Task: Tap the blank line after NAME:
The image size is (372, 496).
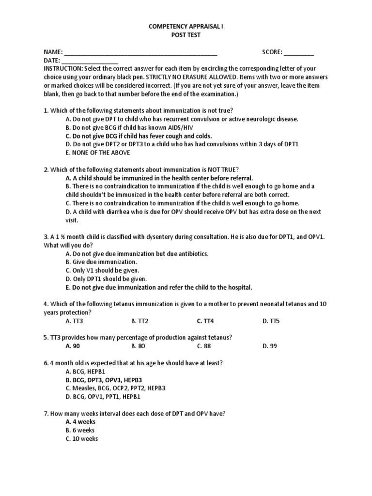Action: click(140, 53)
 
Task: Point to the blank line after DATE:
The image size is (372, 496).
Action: click(90, 62)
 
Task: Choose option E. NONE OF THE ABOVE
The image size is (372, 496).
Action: click(97, 153)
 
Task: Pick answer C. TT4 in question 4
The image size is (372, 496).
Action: click(205, 321)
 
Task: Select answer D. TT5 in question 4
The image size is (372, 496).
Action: click(271, 321)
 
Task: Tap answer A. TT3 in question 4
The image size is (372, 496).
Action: click(74, 321)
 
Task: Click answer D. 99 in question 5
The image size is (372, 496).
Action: click(270, 346)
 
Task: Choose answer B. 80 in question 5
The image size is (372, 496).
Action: click(138, 346)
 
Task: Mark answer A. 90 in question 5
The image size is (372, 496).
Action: click(73, 346)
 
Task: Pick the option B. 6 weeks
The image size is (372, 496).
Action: click(80, 430)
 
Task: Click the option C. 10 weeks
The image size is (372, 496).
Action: click(81, 439)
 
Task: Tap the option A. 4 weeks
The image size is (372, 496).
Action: click(80, 421)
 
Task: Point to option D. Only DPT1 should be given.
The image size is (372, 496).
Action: click(106, 279)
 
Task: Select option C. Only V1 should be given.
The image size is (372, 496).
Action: click(102, 270)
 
